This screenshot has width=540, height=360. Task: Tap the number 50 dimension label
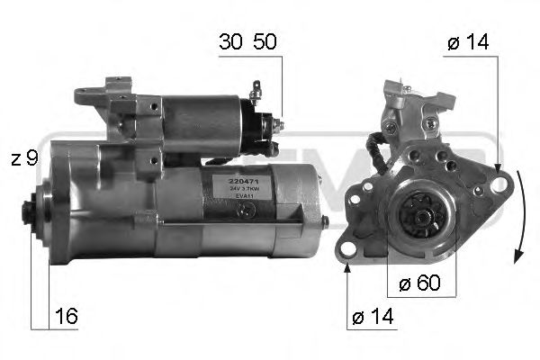click(x=265, y=42)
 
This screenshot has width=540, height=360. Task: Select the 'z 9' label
click(x=24, y=160)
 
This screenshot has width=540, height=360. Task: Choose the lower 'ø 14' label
click(x=372, y=318)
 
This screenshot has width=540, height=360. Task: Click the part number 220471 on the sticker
click(x=230, y=182)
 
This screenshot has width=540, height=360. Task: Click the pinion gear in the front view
click(x=416, y=215)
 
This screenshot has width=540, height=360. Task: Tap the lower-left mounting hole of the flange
click(x=348, y=251)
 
